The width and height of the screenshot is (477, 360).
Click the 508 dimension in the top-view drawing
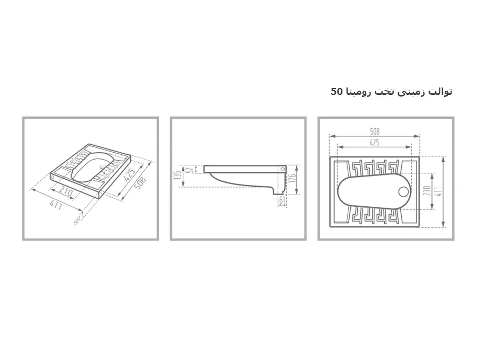(x=375, y=131)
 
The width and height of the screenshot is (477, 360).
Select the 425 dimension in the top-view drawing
(x=375, y=142)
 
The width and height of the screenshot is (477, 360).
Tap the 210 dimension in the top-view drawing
(x=427, y=191)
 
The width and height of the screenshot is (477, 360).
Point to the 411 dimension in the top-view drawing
(x=438, y=191)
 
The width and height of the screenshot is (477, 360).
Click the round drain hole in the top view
(x=404, y=191)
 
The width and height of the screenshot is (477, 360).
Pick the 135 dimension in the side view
(x=178, y=175)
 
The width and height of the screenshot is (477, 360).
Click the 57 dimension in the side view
(x=191, y=169)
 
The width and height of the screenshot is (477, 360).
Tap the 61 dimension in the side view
(x=282, y=200)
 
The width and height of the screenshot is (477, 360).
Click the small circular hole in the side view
(x=283, y=168)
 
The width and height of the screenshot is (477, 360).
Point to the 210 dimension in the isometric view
(x=66, y=191)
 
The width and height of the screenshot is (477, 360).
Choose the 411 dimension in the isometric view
(x=56, y=206)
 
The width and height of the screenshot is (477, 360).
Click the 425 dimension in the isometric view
(x=129, y=175)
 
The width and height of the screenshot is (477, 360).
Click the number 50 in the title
(x=337, y=91)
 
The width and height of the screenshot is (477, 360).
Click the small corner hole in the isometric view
(x=53, y=177)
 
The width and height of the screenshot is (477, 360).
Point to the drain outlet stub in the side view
(x=278, y=191)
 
